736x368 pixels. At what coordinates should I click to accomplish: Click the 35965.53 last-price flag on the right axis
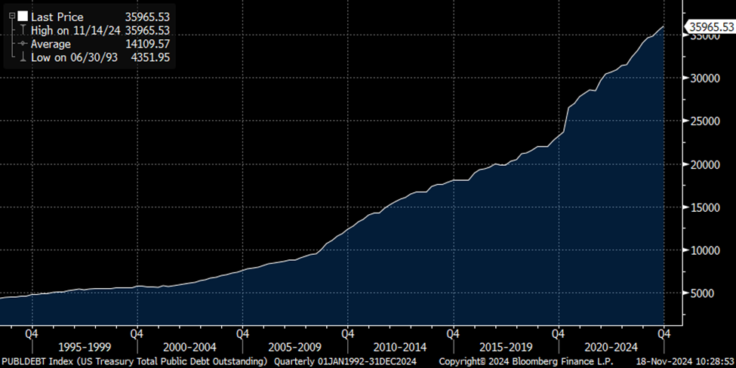click(x=710, y=27)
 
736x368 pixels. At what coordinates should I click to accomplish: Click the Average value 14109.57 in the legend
click(x=148, y=44)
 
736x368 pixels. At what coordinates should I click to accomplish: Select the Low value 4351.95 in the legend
click(x=151, y=57)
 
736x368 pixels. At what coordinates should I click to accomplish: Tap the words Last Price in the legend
click(x=57, y=17)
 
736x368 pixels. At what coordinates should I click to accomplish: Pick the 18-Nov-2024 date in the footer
click(x=663, y=362)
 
